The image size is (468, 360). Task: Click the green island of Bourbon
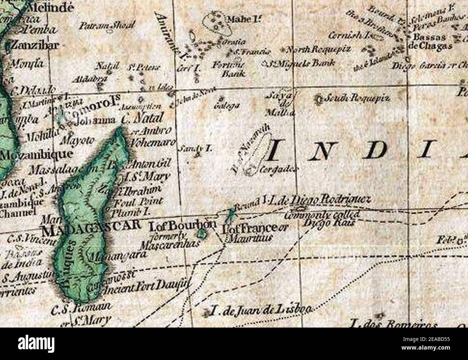(x=202, y=235)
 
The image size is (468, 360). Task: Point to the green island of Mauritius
(x=229, y=215)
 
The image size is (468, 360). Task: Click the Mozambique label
(x=36, y=155)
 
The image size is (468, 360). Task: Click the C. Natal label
(x=142, y=118)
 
